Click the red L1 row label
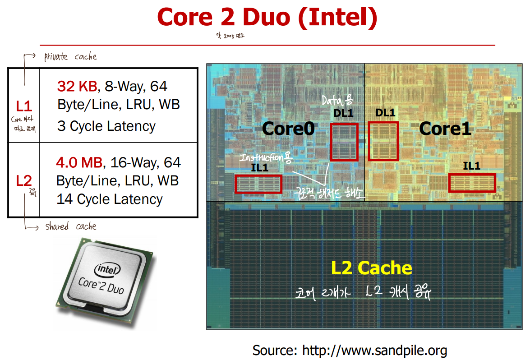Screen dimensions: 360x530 pos(24,106)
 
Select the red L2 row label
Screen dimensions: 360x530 pos(24,181)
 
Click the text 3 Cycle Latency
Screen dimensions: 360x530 pos(106,126)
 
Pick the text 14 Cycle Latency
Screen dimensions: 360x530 pos(110,199)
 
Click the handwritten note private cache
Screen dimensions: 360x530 pos(70,57)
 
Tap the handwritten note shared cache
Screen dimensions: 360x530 pos(70,226)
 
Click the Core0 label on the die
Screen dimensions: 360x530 pos(288,129)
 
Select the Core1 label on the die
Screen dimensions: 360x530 pos(445,129)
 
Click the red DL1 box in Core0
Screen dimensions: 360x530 pos(344,142)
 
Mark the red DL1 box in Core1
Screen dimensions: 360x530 pos(383,141)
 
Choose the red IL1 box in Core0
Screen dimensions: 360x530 pos(258,184)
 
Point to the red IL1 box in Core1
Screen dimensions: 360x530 pos(472,183)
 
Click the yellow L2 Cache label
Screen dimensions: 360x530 pos(371,268)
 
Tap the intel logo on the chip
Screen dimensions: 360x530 pos(107,270)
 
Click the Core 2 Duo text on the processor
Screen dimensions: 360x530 pos(101,285)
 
